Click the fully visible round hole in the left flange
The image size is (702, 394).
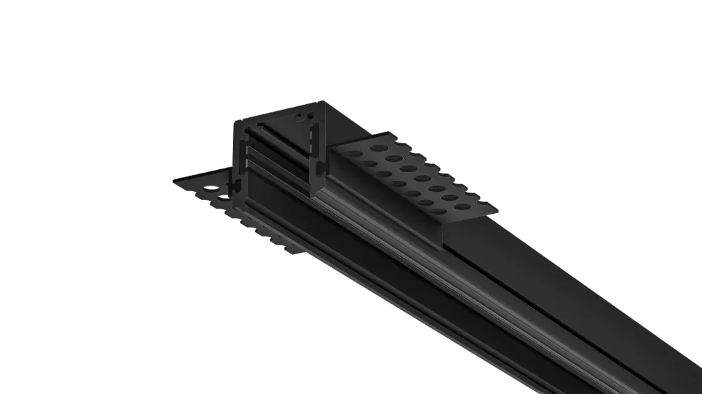pos(213,188)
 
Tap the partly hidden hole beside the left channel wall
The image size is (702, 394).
pos(226,198)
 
